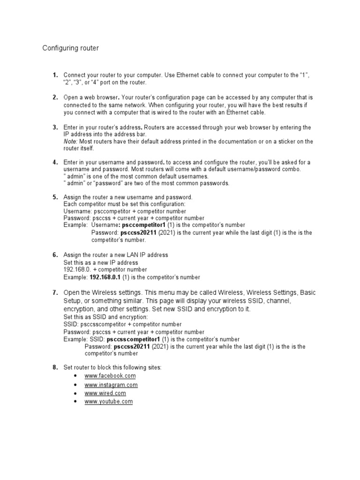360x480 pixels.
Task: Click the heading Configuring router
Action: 71,48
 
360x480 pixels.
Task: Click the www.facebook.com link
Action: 110,376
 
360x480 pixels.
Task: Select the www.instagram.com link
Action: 111,385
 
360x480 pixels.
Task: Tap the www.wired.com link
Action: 105,393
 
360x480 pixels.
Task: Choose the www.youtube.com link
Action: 109,402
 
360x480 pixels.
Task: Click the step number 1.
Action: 55,75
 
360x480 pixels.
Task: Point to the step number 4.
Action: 55,162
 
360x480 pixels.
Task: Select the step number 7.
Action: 55,292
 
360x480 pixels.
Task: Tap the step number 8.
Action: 55,367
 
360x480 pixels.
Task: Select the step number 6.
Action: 55,255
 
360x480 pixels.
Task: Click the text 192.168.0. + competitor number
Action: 105,270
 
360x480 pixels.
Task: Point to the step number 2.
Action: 55,97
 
